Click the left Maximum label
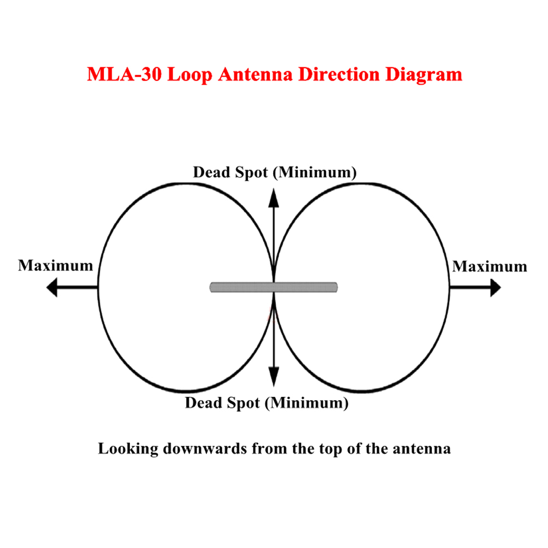[x=55, y=266]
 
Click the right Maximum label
[x=489, y=267]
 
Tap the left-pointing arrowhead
[x=52, y=287]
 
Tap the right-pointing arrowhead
[x=495, y=287]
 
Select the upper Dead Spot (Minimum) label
[x=275, y=172]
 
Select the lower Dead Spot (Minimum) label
[x=267, y=404]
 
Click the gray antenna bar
[x=274, y=287]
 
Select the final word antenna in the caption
[x=422, y=449]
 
